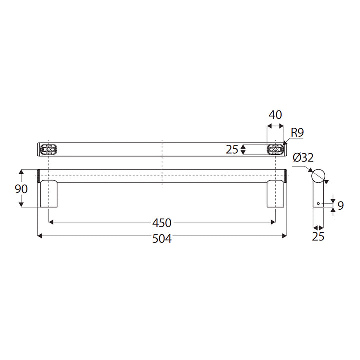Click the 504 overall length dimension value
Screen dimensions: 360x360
[162, 239]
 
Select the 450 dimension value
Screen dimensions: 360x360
[162, 223]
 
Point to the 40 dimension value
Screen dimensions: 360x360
[275, 114]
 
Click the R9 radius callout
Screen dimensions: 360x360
[297, 132]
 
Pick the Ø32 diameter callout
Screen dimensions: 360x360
[303, 158]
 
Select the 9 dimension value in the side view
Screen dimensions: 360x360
[341, 205]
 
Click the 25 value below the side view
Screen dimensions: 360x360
[318, 237]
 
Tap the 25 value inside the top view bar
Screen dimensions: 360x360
[231, 149]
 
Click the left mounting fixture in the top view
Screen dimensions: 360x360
[49, 149]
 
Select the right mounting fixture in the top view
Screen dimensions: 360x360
[275, 149]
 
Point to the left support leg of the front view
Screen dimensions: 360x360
[49, 195]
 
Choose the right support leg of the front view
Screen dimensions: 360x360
[275, 195]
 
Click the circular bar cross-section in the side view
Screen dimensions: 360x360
[318, 175]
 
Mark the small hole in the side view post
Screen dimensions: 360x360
[318, 204]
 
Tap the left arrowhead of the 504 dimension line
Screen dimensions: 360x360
[40, 235]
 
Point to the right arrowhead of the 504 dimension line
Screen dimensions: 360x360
[285, 235]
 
